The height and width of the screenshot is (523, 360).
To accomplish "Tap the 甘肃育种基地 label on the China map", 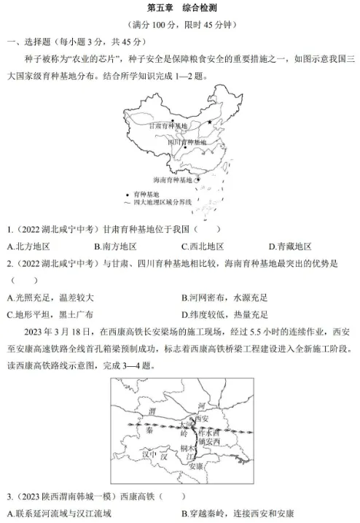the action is coord(168,125).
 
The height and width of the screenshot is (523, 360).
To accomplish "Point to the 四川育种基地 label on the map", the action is coord(187,142).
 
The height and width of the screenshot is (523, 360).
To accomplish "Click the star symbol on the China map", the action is coord(211,122).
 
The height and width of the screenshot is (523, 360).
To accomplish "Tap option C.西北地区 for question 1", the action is coord(202,247).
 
